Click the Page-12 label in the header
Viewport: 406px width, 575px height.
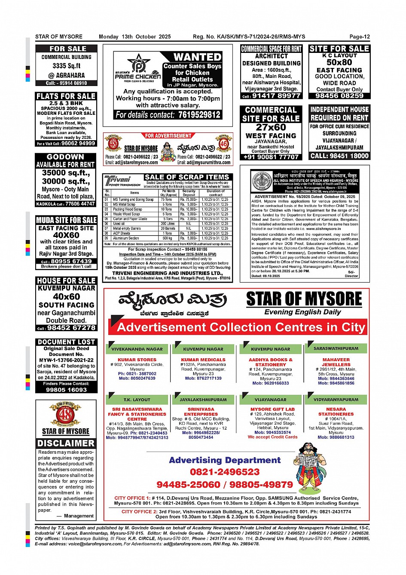359,37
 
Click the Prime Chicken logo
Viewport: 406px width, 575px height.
137,69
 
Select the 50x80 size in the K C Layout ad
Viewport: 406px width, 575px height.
339,62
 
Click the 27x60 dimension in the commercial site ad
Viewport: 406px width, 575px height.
271,127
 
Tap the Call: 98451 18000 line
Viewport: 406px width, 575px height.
339,156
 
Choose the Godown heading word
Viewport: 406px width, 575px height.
65,157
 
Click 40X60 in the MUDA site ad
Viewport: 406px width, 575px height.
66,235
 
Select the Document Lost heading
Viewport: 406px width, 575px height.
66,342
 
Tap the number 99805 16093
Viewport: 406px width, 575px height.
66,390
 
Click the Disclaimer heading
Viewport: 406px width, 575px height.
66,443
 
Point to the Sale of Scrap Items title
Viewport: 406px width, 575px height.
187,177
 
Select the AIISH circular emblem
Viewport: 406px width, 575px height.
261,181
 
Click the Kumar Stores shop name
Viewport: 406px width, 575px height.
137,360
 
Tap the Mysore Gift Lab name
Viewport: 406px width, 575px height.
272,409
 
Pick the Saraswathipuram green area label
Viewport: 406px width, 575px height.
336,348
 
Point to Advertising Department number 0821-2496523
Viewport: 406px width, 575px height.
225,472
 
